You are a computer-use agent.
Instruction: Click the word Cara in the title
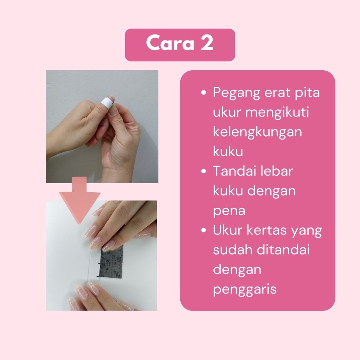[x=170, y=43]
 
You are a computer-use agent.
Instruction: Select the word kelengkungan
[x=257, y=132]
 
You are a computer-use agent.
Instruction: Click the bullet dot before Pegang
[x=203, y=92]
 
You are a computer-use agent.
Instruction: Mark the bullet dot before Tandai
[x=203, y=171]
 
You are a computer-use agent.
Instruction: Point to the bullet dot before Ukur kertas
[x=203, y=230]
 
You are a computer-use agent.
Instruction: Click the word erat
[x=277, y=92]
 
